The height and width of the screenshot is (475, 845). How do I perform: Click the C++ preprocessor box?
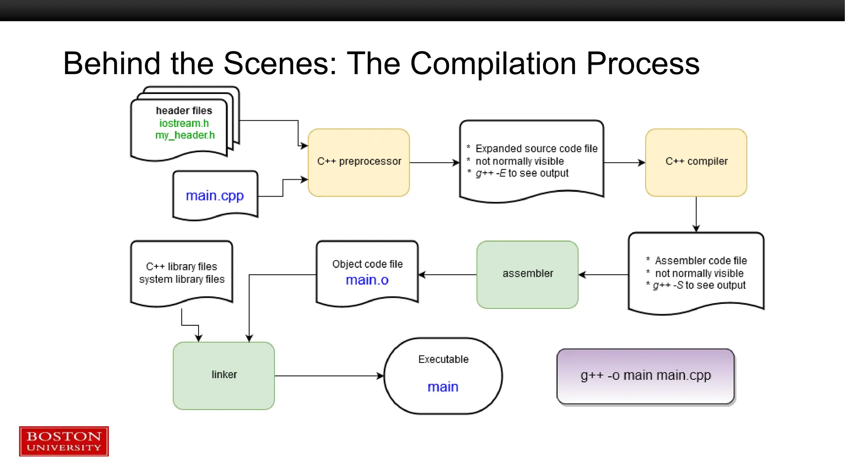[x=359, y=162]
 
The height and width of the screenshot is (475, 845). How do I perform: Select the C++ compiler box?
[x=696, y=162]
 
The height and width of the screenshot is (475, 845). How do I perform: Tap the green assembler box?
[x=527, y=274]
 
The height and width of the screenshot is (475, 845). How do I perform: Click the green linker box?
[x=224, y=375]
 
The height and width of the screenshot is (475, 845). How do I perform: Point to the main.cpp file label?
[x=215, y=195]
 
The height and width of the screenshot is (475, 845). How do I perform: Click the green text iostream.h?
[x=184, y=123]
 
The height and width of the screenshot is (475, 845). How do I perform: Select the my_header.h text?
[x=185, y=135]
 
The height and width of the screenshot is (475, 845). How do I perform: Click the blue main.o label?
[x=367, y=280]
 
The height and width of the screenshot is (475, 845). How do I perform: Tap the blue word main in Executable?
[x=443, y=387]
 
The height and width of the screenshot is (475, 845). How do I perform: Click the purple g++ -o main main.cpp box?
[x=645, y=376]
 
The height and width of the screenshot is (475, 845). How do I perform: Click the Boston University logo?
[x=64, y=441]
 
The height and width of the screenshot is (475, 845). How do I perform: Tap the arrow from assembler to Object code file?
[x=447, y=274]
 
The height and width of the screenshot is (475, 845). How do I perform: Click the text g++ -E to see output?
[x=522, y=173]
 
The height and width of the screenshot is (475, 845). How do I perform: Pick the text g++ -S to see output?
[x=699, y=285]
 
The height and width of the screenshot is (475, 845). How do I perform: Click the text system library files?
[x=182, y=279]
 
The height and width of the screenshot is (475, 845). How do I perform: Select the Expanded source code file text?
[x=536, y=148]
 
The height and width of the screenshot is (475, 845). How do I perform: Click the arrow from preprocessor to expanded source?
[x=434, y=162]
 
